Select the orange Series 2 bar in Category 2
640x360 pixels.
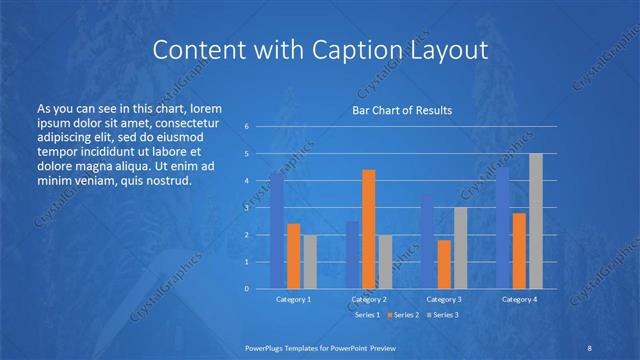(x=369, y=229)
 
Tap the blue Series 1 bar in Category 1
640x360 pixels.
(x=277, y=230)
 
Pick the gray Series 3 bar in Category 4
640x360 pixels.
(x=536, y=221)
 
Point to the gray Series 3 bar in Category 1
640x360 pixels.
(x=309, y=261)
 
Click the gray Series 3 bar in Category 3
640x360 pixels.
(x=460, y=248)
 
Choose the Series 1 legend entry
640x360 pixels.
(x=364, y=315)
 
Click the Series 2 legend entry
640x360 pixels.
(x=402, y=315)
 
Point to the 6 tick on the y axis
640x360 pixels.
(x=246, y=127)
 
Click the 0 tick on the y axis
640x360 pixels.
(x=246, y=288)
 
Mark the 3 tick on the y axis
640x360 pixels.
(x=246, y=208)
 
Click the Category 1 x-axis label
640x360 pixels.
(x=293, y=299)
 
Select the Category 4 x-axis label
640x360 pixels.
(x=520, y=299)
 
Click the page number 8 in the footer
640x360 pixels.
(x=589, y=346)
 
